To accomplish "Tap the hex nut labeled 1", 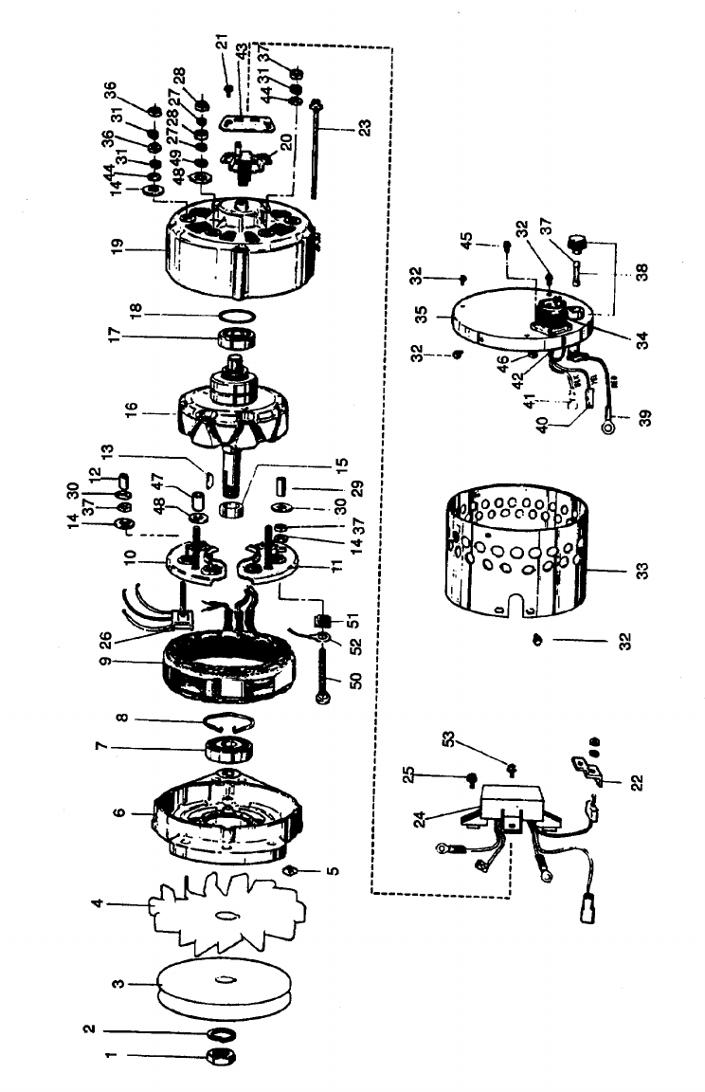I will tap(217, 1055).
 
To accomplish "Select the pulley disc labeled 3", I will tap(216, 983).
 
